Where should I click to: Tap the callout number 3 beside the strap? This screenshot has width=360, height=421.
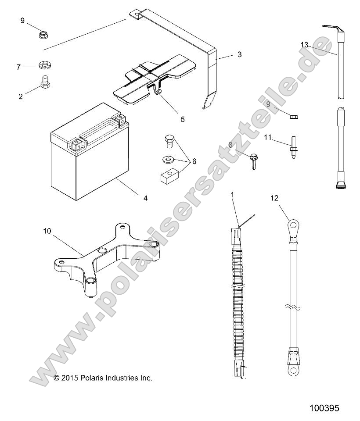pos(239,55)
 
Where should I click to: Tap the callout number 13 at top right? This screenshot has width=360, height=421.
pos(305,45)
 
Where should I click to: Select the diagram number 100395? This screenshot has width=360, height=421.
pos(324,408)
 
